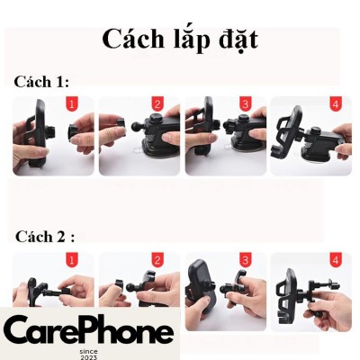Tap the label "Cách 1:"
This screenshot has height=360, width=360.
click(41, 82)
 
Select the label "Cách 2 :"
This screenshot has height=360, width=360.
click(45, 237)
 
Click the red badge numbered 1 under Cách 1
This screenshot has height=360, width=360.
click(71, 104)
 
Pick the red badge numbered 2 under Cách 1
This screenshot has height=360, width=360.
click(157, 104)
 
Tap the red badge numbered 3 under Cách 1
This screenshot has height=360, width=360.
click(246, 104)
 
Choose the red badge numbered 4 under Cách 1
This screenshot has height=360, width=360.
click(336, 104)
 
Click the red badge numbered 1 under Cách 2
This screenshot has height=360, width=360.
click(71, 260)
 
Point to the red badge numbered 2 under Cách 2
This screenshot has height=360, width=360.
click(157, 260)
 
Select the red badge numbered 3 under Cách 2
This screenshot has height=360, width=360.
click(246, 260)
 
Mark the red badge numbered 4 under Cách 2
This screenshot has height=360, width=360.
click(336, 260)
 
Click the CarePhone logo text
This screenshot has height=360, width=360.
click(89, 331)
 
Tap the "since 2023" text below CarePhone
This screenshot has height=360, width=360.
click(89, 355)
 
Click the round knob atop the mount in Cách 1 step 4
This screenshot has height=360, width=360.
click(315, 131)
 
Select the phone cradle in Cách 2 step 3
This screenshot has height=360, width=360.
click(201, 289)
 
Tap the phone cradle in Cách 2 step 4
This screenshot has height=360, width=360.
click(286, 297)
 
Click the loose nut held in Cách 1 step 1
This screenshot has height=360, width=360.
click(74, 133)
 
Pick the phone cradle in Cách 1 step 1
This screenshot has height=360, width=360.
click(39, 133)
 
